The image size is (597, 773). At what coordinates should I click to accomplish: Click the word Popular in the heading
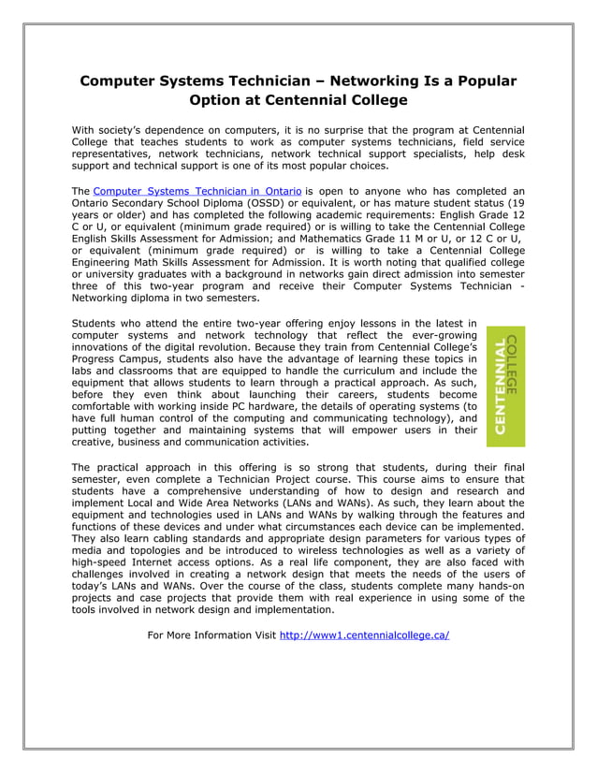click(x=476, y=80)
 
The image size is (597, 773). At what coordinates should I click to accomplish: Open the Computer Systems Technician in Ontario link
click(x=197, y=190)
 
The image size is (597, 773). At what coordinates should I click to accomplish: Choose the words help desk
click(x=492, y=153)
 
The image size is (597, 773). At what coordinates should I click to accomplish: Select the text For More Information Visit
click(x=211, y=634)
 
